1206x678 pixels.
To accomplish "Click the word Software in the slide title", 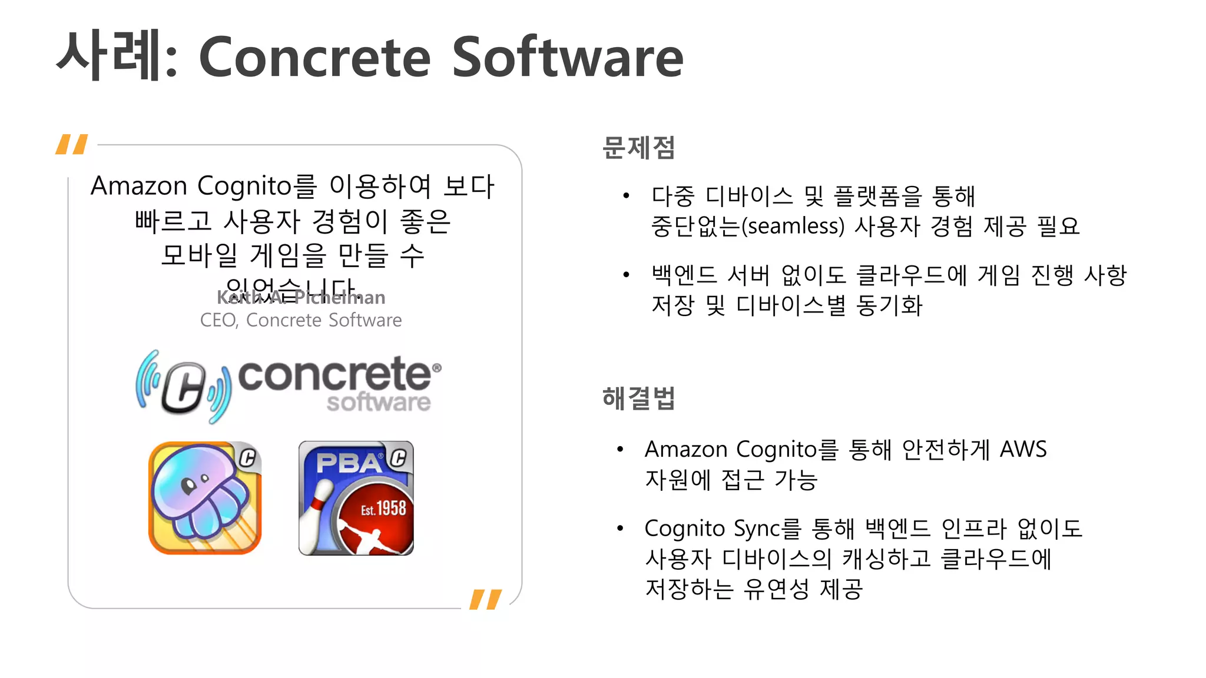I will tap(567, 57).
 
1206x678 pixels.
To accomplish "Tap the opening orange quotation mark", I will tap(72, 144).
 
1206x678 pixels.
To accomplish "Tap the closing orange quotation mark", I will tap(486, 599).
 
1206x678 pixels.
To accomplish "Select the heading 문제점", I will tap(639, 148).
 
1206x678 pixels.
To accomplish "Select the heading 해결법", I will tap(639, 398).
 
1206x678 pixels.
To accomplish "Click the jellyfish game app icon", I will tap(204, 498).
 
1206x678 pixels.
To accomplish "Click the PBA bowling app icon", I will tap(356, 498).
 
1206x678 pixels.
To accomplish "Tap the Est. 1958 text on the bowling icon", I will tap(383, 508).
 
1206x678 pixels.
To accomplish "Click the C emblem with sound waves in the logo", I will tap(183, 387).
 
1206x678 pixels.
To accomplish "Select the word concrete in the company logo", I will tap(334, 375).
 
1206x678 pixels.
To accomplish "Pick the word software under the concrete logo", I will tap(379, 403).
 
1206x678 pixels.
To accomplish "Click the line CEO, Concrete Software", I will tap(301, 320).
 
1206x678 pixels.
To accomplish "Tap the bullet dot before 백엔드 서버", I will tap(627, 275).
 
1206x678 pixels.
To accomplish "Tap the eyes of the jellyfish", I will tap(194, 483).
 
